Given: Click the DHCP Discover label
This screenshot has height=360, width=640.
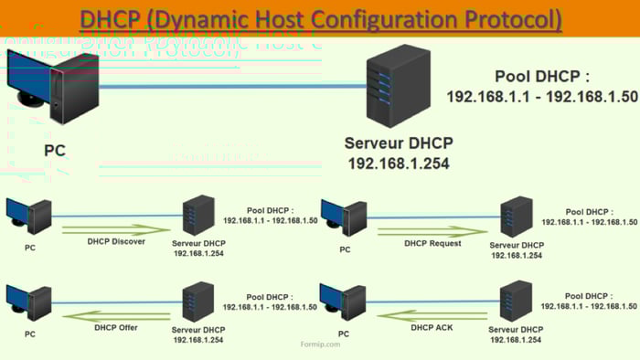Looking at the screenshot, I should [x=116, y=242].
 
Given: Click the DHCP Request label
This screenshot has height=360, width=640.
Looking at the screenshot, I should [x=432, y=244].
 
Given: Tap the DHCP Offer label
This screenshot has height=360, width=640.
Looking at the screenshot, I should [x=116, y=327].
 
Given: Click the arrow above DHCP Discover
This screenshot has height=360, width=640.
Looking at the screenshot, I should [x=116, y=229].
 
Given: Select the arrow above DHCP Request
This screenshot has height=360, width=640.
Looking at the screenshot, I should [x=432, y=231].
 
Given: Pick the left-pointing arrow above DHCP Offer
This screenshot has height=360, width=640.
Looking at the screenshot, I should [x=116, y=314].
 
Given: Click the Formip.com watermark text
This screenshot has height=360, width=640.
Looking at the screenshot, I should [x=320, y=344].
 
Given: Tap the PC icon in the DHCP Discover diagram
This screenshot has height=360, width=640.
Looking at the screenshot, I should [x=29, y=217].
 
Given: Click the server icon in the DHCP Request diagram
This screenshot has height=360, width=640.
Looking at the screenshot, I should [x=516, y=217].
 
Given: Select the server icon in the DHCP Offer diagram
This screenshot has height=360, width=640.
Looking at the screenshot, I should [x=197, y=302].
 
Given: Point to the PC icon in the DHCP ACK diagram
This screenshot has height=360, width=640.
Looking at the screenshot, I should [x=339, y=302].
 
